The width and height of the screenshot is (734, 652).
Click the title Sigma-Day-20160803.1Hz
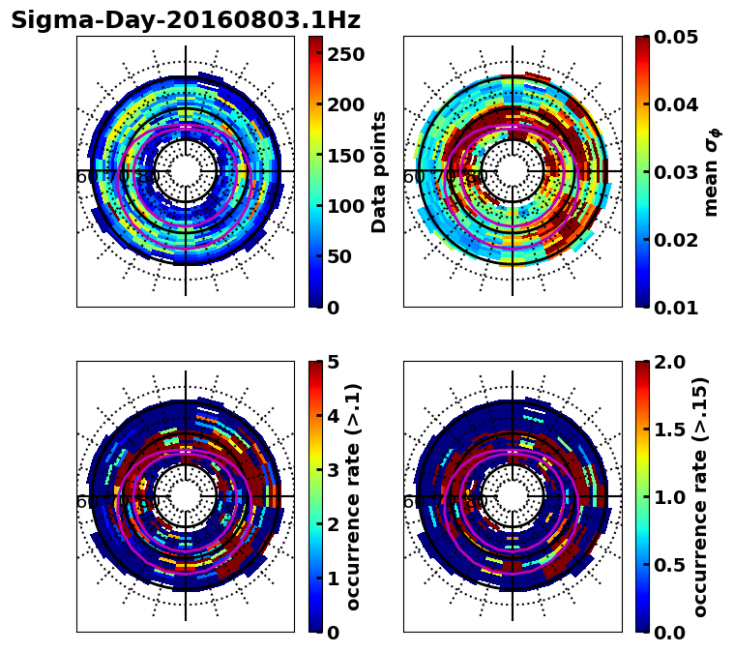click(186, 20)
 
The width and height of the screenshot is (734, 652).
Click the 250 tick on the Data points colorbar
click(344, 54)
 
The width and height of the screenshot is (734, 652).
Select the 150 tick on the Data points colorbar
click(344, 155)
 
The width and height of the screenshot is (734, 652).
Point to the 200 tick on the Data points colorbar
click(344, 104)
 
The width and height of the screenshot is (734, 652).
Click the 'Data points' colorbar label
click(379, 171)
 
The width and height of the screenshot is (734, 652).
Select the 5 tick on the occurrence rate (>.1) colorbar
click(333, 362)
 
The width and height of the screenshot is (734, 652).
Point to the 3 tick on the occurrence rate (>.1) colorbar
click(333, 470)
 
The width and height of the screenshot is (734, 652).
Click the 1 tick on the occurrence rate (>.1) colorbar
click(333, 578)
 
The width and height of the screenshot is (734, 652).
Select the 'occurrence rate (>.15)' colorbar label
click(700, 496)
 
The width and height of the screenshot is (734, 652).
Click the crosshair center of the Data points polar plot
click(186, 171)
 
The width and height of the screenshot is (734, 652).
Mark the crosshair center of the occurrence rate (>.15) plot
click(513, 496)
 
